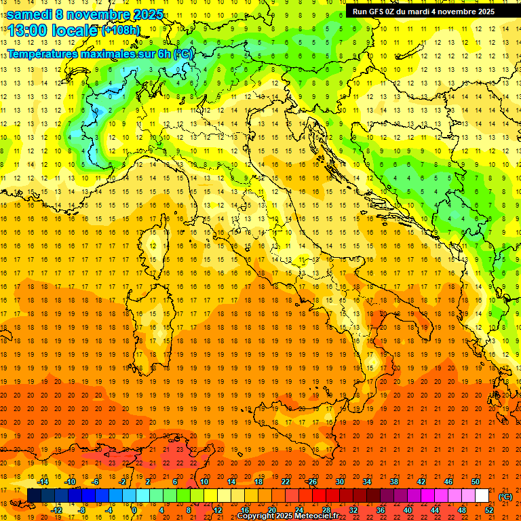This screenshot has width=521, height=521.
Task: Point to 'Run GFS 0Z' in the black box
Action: pos(377,12)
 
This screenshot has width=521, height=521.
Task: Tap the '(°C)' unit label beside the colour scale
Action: pos(505,497)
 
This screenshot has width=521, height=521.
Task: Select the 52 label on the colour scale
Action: pos(489,510)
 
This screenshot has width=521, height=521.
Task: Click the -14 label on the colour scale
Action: pos(43,482)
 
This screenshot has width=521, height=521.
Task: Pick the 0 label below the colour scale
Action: pos(134,510)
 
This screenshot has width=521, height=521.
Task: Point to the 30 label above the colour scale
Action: pos(340,482)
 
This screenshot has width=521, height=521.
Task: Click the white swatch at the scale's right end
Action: pos(482,496)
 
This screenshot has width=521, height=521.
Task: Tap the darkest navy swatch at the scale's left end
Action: pos(34,496)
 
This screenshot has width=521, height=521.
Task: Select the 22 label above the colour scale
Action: pos(286,482)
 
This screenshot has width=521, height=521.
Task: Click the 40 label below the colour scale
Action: pos(408,510)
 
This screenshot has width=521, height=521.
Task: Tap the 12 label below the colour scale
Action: pos(218,510)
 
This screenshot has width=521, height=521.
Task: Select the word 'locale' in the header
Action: pos(76,31)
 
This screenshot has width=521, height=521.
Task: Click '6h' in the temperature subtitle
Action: pos(163,54)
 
